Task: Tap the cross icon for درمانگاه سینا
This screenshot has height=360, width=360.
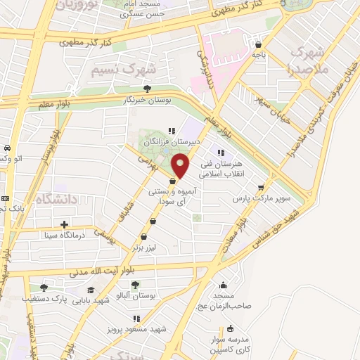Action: pos(65,224)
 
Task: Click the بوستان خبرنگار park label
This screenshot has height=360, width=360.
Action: pos(146,101)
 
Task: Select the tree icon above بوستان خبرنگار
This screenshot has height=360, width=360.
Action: pos(146,89)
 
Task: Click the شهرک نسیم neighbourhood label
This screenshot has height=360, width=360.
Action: pos(121,70)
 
